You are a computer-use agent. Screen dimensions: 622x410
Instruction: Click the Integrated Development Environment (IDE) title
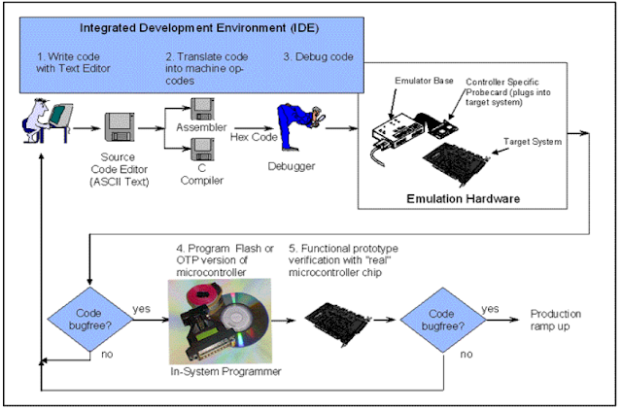tap(199, 28)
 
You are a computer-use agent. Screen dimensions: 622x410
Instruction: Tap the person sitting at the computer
tap(47, 120)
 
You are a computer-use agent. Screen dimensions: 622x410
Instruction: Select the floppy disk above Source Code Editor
tap(119, 127)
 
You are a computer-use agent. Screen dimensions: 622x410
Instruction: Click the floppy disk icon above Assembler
tap(202, 109)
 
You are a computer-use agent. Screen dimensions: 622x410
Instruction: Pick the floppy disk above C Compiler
tap(202, 150)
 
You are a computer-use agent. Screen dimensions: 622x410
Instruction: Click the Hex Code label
tap(254, 137)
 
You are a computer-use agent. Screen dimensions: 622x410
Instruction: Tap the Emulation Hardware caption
tap(463, 198)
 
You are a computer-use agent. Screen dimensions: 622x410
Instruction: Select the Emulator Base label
tap(424, 81)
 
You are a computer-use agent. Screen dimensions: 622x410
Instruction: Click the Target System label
tap(533, 142)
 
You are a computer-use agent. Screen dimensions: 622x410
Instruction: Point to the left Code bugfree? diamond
tap(89, 320)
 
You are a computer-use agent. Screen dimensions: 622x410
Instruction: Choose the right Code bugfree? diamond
tap(443, 320)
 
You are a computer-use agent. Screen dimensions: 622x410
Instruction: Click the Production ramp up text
tap(555, 320)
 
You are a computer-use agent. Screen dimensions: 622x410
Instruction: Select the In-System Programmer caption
tap(225, 371)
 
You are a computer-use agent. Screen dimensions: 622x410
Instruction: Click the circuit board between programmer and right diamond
tap(338, 323)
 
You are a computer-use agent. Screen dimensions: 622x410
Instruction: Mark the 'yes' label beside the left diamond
tap(141, 309)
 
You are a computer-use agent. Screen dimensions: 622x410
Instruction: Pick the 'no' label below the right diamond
tap(466, 354)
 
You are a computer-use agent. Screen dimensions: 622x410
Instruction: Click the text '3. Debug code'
tap(318, 57)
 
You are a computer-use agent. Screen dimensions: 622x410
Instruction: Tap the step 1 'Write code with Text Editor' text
tap(73, 62)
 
